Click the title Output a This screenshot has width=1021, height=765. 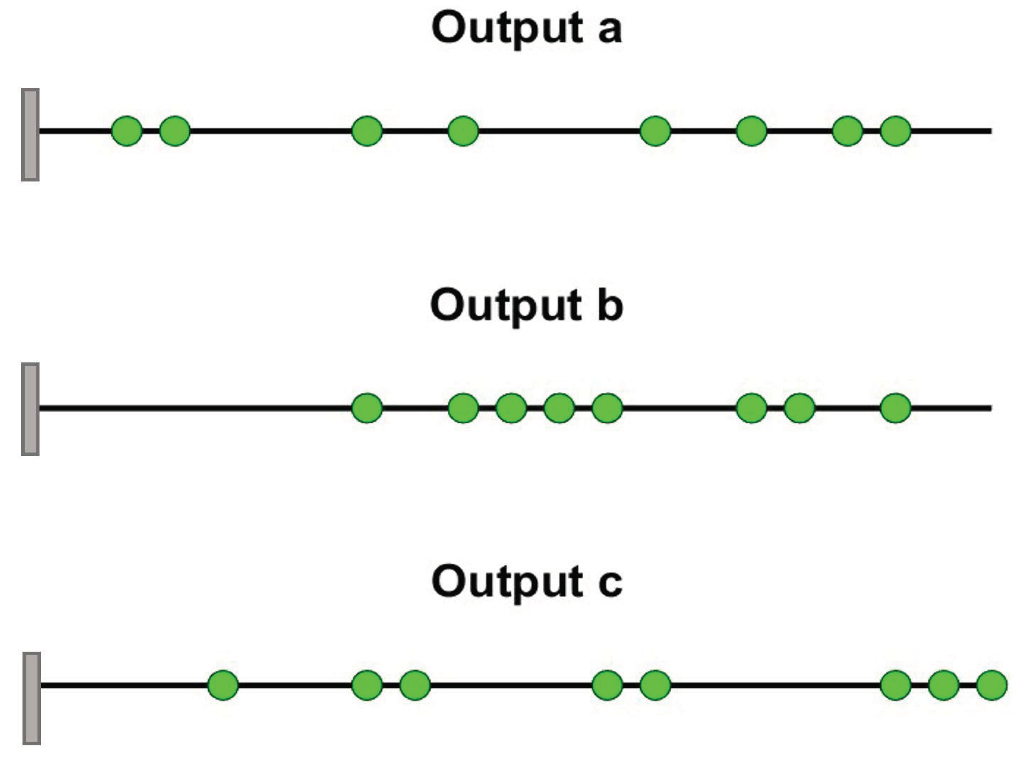527,29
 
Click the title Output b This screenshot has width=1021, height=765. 527,305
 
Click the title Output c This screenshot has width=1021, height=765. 527,582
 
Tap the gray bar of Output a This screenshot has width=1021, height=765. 30,135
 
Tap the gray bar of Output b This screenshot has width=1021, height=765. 30,409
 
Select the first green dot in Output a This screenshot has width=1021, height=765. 127,131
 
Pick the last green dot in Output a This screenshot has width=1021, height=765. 896,131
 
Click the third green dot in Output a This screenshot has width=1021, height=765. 367,131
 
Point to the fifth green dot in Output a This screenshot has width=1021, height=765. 655,131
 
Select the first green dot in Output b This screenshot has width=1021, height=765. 367,408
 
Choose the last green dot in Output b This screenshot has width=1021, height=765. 896,408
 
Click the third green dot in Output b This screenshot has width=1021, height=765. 511,408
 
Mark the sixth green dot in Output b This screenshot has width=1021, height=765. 752,408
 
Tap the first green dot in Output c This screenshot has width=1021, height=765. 223,685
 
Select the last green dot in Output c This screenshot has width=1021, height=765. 992,685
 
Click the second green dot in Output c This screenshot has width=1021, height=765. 367,685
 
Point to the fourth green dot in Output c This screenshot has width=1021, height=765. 607,685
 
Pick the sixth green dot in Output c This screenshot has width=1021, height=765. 896,685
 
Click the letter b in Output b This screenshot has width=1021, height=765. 610,305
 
